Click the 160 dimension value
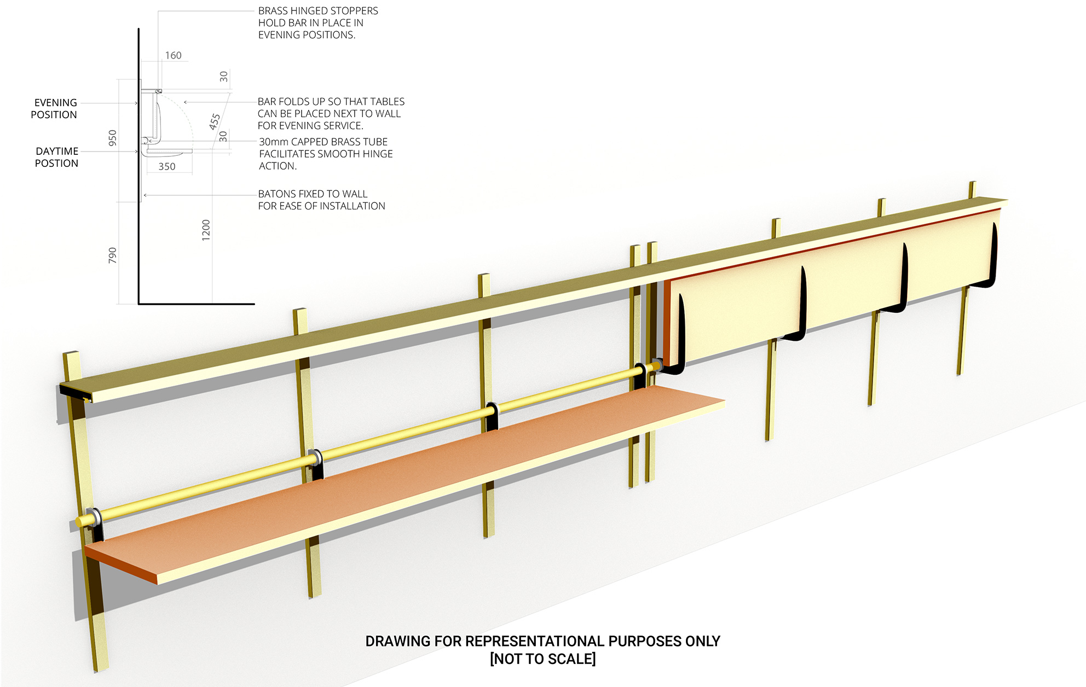[173, 55]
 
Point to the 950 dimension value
[112, 138]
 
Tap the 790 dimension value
[112, 255]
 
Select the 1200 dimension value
[206, 230]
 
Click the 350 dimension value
[167, 167]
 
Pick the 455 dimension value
[215, 121]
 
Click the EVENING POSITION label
[54, 109]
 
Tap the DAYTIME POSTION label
[56, 157]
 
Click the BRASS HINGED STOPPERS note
[317, 23]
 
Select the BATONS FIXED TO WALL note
[321, 200]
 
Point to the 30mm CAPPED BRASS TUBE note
[325, 154]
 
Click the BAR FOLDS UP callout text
[331, 113]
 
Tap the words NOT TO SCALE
[542, 659]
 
